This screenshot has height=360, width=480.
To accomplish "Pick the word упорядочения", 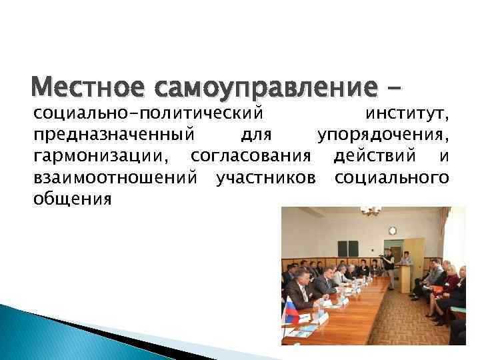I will click(x=383, y=135).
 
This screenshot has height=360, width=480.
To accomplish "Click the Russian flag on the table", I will click(x=291, y=311).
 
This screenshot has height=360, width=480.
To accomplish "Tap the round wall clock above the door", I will click(x=393, y=231).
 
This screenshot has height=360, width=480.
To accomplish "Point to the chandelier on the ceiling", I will click(x=370, y=211).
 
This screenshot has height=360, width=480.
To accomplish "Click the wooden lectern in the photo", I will click(x=406, y=277).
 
